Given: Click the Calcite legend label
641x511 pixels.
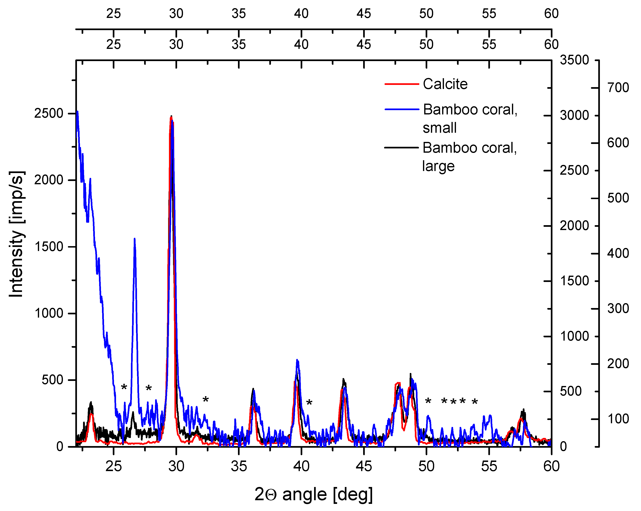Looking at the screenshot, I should pos(445,84).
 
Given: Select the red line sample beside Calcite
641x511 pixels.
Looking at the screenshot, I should pos(401,84).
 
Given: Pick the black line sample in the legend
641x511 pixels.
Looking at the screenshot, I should pos(401,147).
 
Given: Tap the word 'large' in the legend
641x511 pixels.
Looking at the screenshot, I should pos(438,166).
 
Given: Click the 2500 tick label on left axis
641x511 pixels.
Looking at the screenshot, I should pos(49,114).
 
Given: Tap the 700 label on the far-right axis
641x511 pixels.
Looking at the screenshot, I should pos(618,88).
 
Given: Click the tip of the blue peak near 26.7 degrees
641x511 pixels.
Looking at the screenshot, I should pos(135,239).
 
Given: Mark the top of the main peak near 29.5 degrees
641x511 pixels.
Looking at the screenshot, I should pos(171,116).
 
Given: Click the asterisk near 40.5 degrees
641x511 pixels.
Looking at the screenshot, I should pos(309,403).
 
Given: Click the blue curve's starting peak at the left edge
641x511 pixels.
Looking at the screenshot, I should pos(78,112).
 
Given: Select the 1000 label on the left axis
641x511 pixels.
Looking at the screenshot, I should pos(49,313).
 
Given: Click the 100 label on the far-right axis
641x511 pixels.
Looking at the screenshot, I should pos(618,419).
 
